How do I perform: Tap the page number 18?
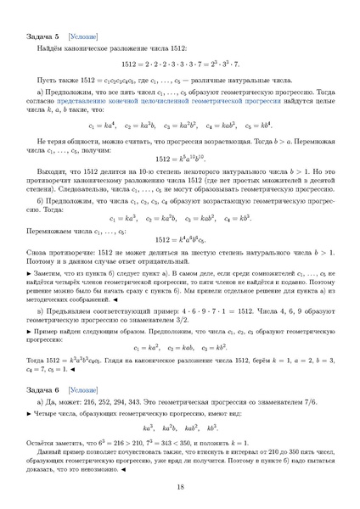tap(180, 486)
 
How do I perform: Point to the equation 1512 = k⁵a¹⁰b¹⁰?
tap(180, 159)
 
